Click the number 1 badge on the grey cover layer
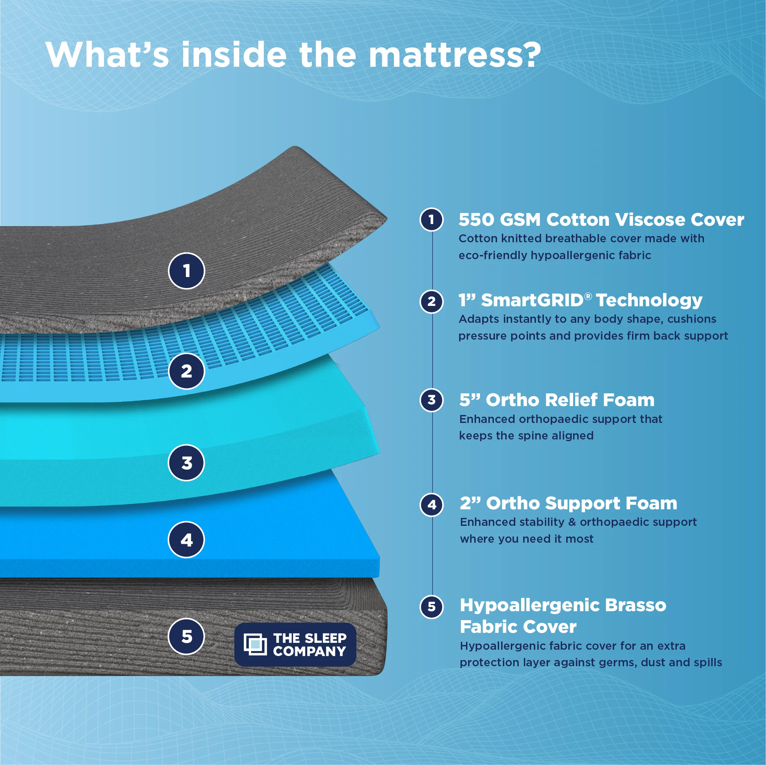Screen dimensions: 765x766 point(186,271)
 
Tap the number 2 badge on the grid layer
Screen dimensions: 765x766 point(186,371)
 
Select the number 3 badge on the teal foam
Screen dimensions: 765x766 point(186,463)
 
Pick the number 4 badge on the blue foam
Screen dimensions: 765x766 point(186,540)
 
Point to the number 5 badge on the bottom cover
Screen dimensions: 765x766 point(186,636)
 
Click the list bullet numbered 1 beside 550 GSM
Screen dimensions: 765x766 point(431,220)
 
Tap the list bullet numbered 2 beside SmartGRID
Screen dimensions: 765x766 point(431,301)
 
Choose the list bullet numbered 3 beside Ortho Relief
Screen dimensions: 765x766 point(431,400)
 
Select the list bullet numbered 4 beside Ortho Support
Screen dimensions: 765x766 point(431,505)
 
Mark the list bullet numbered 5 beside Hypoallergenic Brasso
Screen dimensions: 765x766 point(431,607)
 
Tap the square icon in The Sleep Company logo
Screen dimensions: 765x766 point(255,644)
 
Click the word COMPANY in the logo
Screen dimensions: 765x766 point(309,651)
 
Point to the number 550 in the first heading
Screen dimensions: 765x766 point(476,220)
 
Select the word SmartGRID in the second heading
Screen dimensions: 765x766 point(532,301)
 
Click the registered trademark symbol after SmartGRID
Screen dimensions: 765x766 point(588,296)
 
